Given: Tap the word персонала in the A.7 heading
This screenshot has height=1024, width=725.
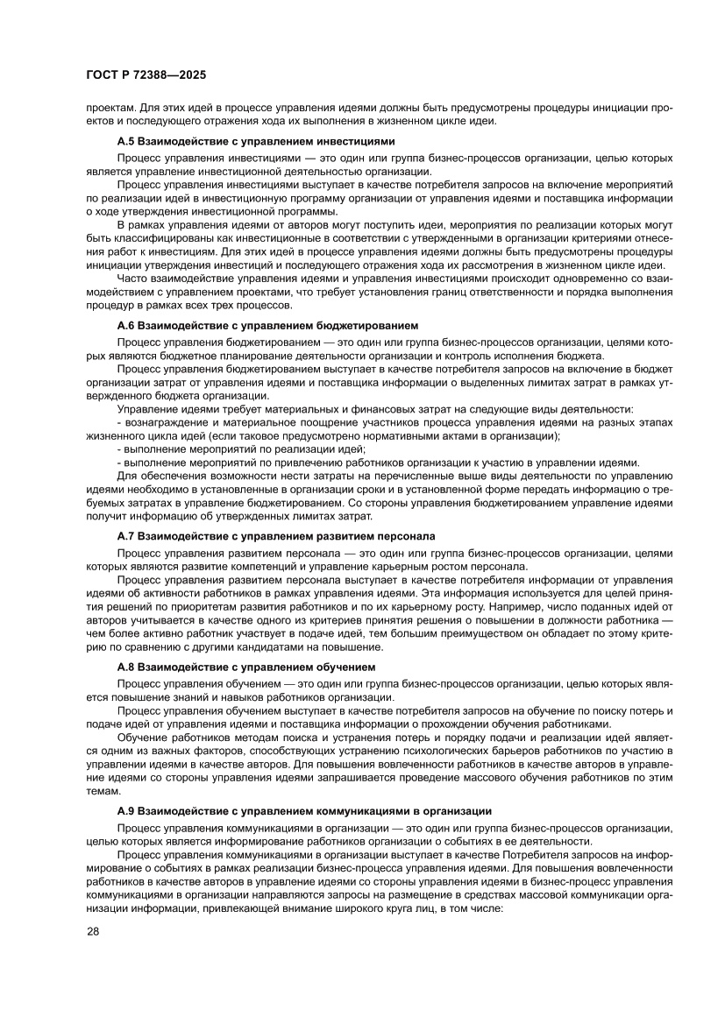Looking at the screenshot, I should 408,534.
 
